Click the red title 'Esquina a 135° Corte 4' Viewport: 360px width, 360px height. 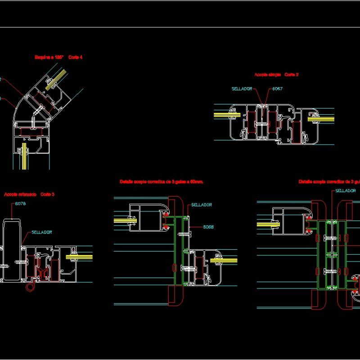58,57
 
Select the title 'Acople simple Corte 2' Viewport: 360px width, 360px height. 276,75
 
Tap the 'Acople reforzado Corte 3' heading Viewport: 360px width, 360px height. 29,194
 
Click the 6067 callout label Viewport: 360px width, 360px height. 277,89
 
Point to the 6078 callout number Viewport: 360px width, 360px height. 21,204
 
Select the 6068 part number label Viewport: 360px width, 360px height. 208,227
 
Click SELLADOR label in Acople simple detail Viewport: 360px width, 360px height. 242,89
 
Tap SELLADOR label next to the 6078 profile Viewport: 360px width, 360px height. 42,232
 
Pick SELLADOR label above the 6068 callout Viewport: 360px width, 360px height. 201,205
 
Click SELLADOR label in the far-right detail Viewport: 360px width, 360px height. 346,191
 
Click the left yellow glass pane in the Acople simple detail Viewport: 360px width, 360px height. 226,115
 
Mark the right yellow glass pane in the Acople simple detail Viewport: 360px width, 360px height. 321,118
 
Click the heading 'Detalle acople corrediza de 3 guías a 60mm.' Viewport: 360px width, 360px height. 162,182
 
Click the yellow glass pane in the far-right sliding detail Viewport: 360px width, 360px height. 265,224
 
